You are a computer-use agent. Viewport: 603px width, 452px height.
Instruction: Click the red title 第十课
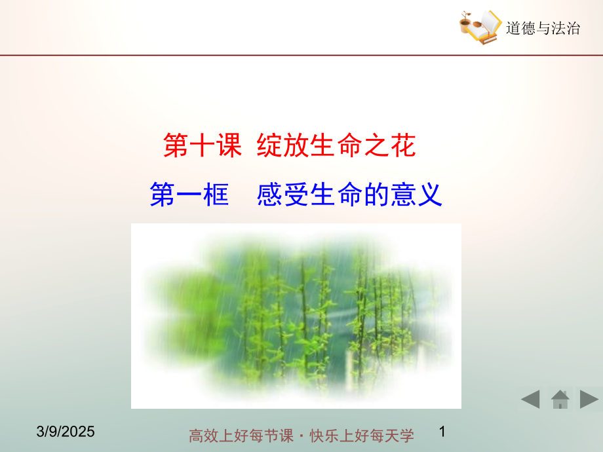pos(203,145)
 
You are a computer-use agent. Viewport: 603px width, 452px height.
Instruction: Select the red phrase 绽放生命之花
pos(336,145)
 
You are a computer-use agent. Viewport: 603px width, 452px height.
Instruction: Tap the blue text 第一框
pos(189,195)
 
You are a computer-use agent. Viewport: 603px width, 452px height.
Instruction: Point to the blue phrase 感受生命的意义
pos(349,195)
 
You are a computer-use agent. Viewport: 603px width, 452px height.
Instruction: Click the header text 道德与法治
pos(543,28)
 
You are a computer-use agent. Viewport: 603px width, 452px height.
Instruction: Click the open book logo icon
pos(480,28)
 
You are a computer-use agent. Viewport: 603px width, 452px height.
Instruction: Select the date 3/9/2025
pos(66,432)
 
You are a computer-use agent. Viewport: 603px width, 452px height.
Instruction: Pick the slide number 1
pos(442,431)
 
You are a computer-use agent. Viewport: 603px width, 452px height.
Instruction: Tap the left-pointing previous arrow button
pos(531,400)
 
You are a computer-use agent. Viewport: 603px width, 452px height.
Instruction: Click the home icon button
pos(560,400)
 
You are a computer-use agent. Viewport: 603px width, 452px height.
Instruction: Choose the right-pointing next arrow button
pos(589,400)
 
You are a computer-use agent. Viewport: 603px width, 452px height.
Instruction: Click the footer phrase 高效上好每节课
pos(241,436)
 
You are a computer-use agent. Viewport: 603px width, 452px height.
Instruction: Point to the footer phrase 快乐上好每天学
pos(362,436)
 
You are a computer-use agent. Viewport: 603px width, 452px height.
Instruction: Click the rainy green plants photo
pos(296,316)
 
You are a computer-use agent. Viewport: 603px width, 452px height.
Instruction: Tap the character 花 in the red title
pos(403,145)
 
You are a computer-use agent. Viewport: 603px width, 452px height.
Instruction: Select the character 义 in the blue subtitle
pos(429,195)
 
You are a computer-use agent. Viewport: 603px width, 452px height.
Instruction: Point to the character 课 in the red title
pos(229,145)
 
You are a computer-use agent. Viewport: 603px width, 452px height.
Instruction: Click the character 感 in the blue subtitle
pos(269,195)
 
